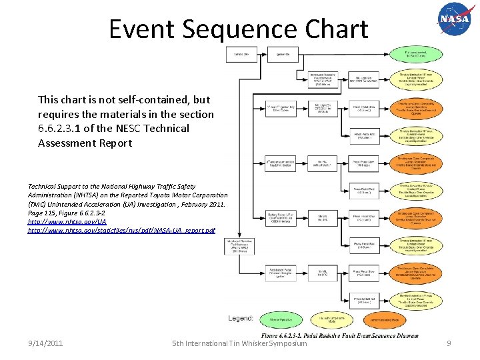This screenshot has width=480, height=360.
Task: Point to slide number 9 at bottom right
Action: [449, 343]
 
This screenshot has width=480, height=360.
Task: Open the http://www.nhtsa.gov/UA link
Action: [67, 221]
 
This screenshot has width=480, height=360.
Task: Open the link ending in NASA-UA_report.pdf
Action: [121, 230]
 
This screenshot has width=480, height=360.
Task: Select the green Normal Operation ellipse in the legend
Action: [280, 320]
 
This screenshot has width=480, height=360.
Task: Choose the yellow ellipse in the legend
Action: [331, 320]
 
